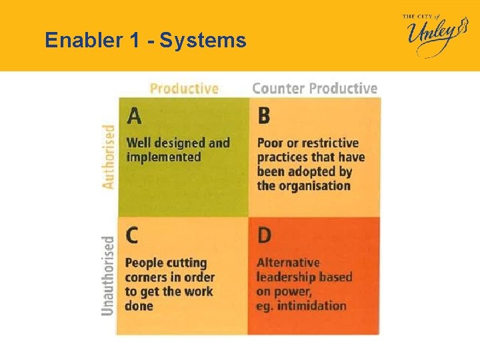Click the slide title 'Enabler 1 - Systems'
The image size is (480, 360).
(x=145, y=41)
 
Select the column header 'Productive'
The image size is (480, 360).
(x=184, y=88)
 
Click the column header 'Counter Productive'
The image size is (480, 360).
(x=315, y=88)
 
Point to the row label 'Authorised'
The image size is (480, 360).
(x=108, y=157)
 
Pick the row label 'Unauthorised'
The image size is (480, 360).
(x=108, y=275)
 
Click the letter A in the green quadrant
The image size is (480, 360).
(x=134, y=116)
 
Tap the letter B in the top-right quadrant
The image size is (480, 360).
(x=264, y=116)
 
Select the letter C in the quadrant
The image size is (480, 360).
(x=133, y=236)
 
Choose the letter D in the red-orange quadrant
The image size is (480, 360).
(x=265, y=236)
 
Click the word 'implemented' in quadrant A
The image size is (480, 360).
(x=163, y=157)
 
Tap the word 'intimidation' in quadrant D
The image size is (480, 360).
(x=313, y=306)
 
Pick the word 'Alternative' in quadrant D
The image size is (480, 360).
(x=288, y=263)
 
